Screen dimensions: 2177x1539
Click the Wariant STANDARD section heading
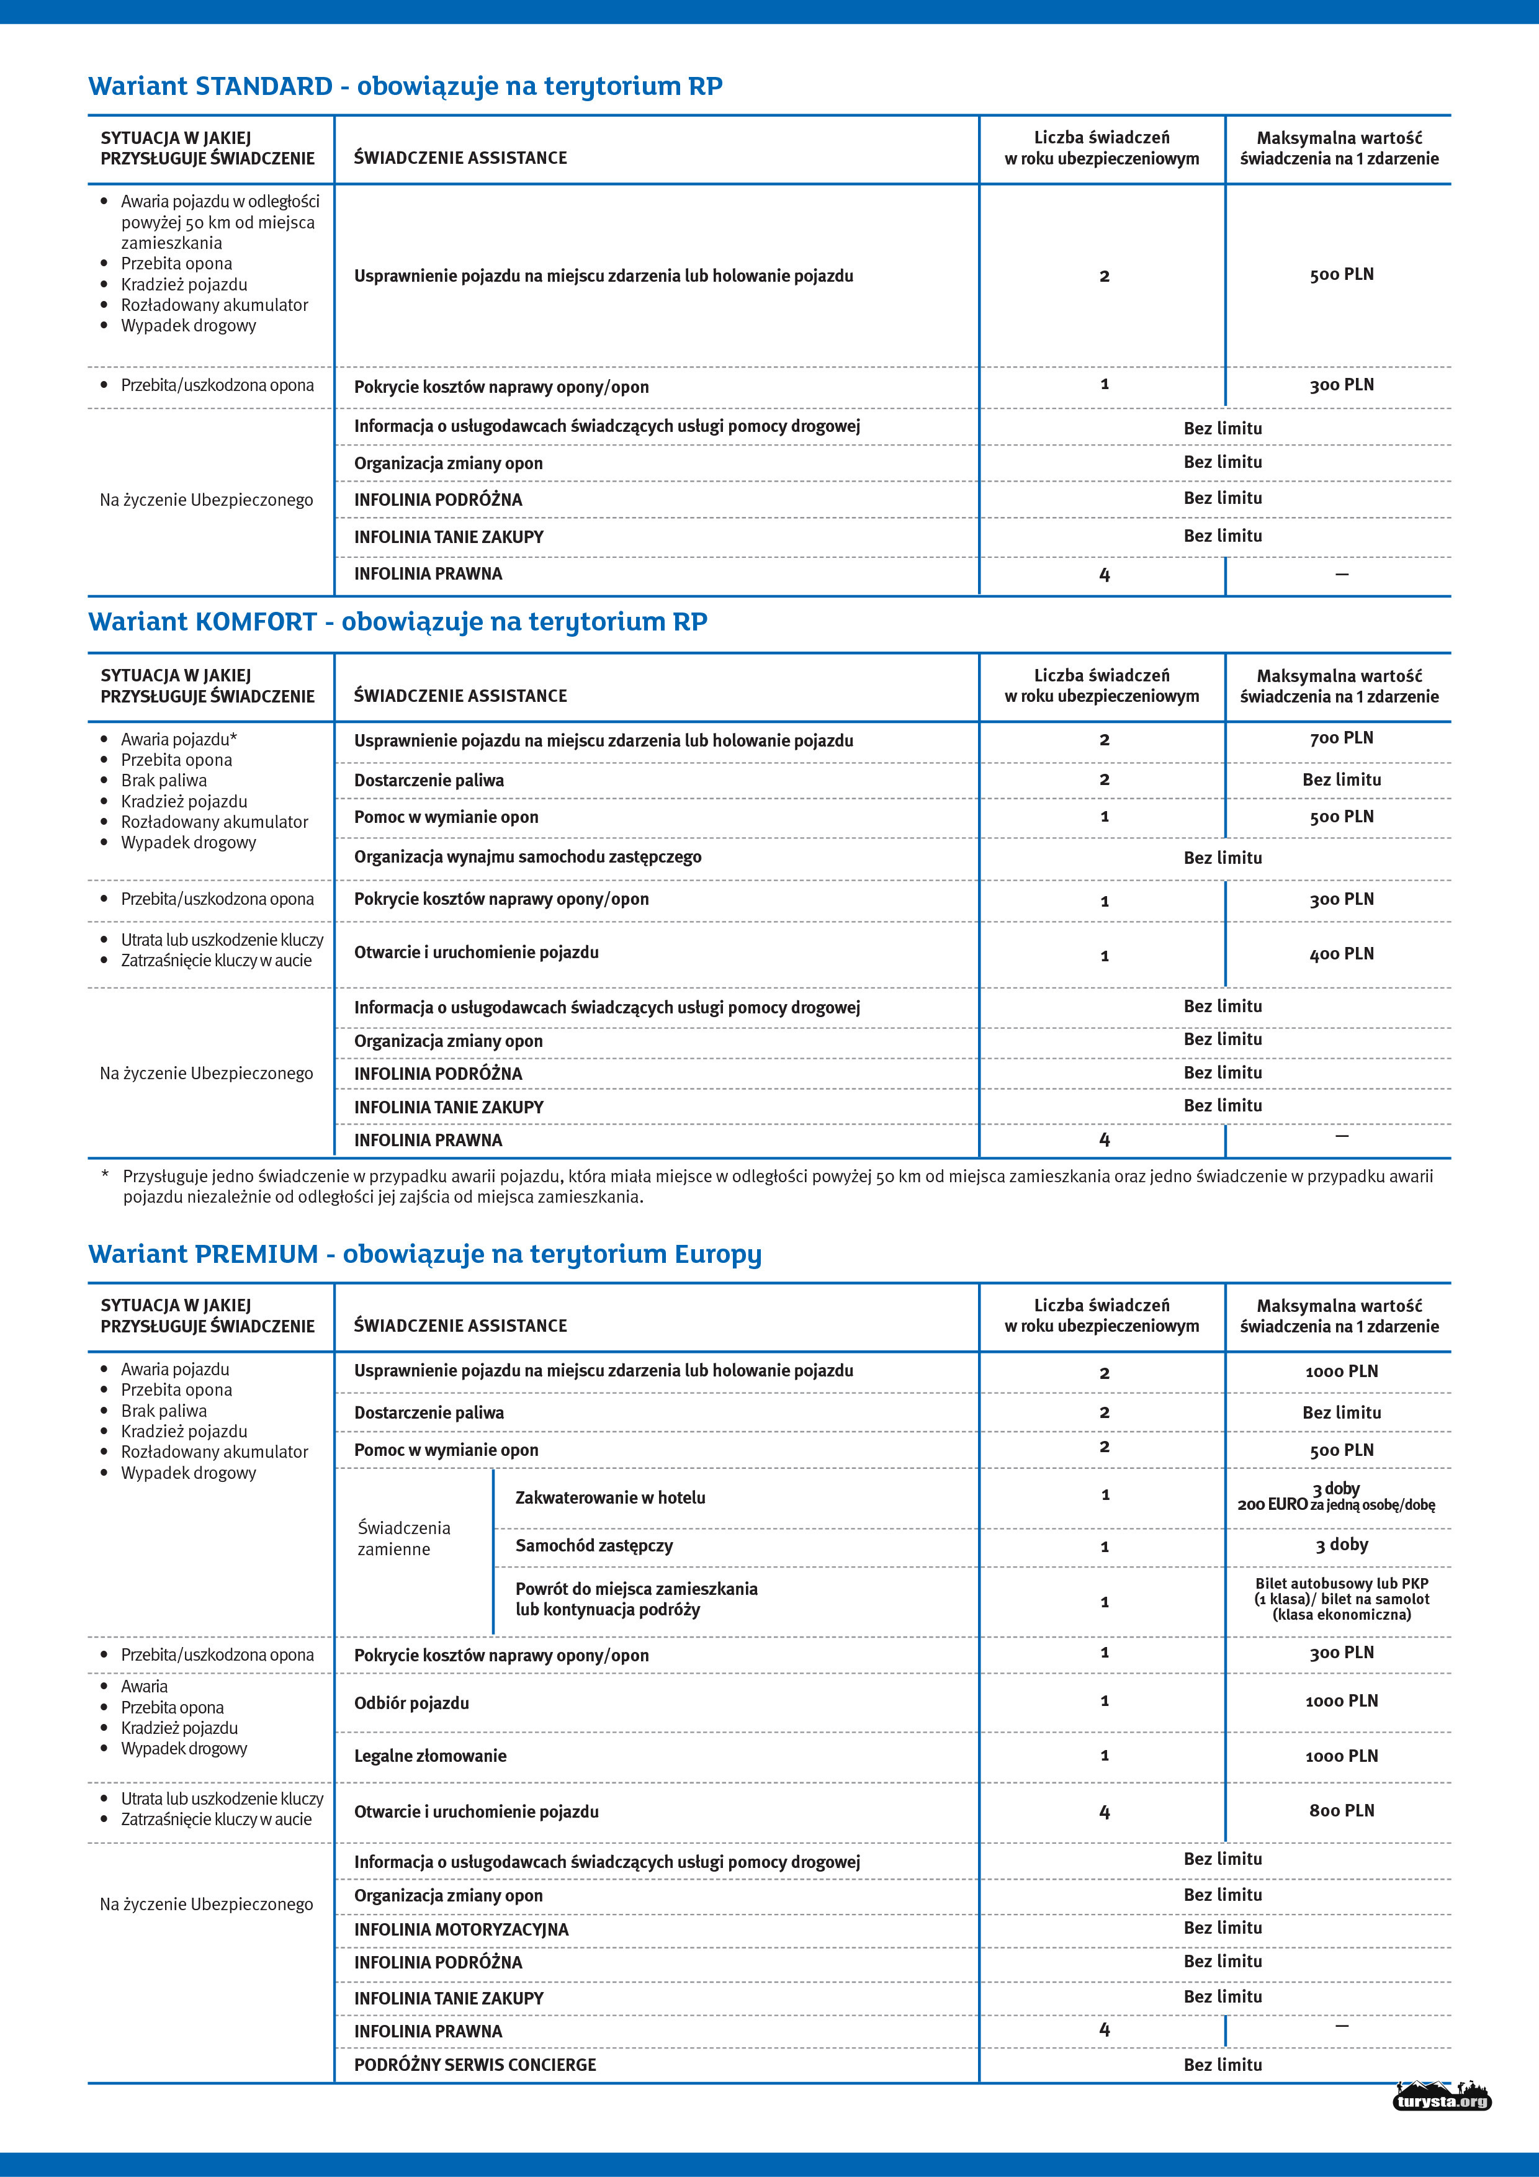[405, 86]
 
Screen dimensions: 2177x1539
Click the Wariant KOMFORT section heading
[397, 622]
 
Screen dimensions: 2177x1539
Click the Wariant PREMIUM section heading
[424, 1254]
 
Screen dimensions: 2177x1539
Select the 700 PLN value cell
[1341, 738]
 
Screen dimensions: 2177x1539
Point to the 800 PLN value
[1341, 1810]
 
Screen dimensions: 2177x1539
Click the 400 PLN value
[1341, 954]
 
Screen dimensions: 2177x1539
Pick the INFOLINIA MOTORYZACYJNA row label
[461, 1929]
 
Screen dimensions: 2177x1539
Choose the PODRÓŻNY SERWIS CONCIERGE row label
[475, 2064]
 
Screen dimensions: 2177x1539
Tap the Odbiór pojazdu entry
[411, 1703]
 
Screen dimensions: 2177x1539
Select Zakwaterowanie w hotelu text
[610, 1497]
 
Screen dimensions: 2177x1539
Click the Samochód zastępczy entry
[594, 1545]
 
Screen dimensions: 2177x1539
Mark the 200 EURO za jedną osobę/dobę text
[1336, 1505]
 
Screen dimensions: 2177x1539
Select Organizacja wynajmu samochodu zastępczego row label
[527, 856]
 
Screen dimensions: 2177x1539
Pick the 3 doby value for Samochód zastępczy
[1341, 1545]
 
